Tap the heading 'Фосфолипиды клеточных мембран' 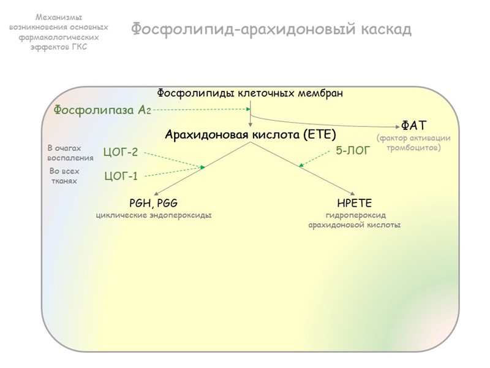249,93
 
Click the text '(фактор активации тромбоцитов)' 413,143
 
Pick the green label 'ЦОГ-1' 121,177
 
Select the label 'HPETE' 354,203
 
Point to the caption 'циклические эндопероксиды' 154,215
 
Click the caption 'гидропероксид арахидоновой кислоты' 354,220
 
